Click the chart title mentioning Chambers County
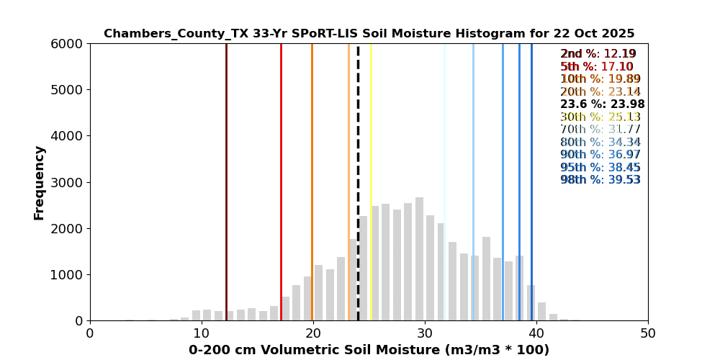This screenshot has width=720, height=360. pos(369,34)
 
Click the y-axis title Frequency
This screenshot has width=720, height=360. pos(39,182)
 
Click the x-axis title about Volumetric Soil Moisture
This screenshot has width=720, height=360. pos(369,350)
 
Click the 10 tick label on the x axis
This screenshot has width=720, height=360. pos(202,333)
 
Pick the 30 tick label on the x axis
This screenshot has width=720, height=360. pos(425,333)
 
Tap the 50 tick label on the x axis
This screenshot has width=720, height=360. pos(648,333)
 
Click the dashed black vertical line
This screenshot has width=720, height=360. pos(358,180)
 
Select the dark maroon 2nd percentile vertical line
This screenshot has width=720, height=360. pos(226,180)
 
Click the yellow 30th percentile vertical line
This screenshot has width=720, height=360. pos(371,180)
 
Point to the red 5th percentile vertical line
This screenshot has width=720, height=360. pos(281,180)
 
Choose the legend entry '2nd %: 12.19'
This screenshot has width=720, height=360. pos(598,54)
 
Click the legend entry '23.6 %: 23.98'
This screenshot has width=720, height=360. pos(602,104)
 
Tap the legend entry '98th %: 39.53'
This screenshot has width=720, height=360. pos(600,180)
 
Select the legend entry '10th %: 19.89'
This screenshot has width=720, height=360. pos(600,79)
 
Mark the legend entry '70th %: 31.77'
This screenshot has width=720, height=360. pos(600,130)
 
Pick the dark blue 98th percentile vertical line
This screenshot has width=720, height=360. pos(531,180)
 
